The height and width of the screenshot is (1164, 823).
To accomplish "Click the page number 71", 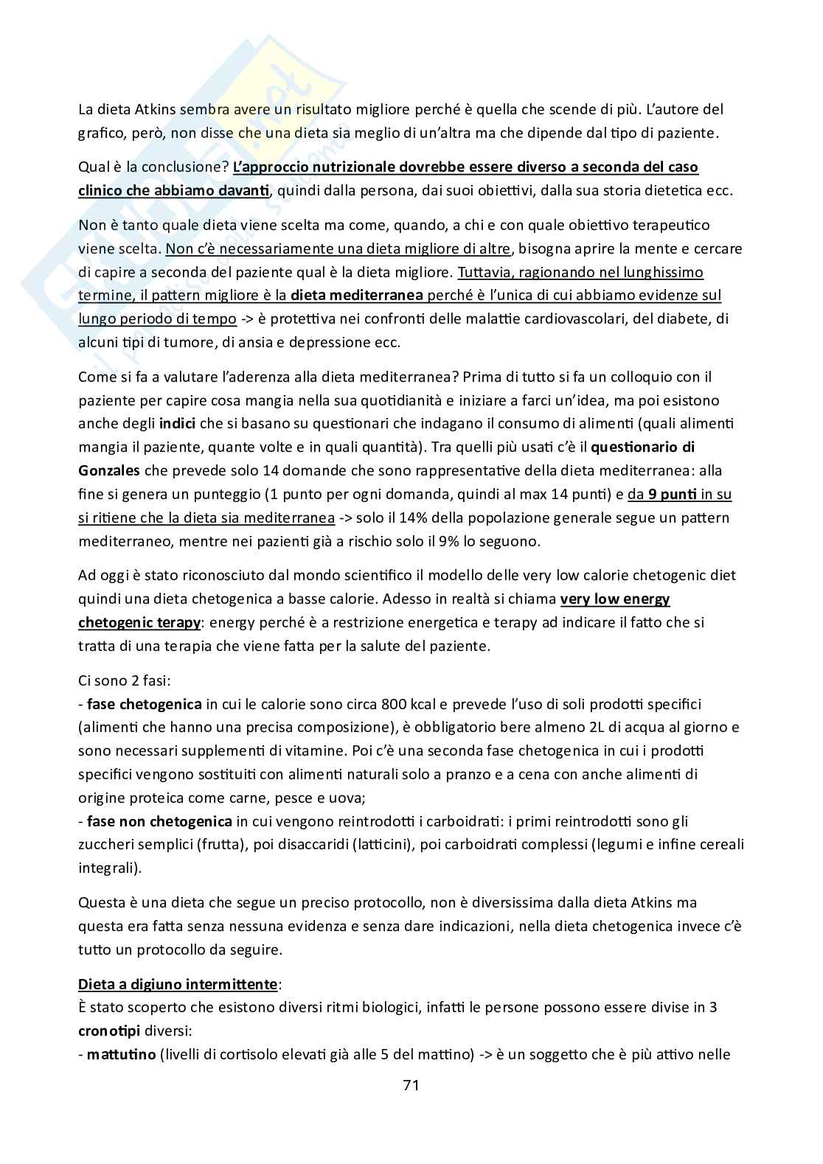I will [x=411, y=1085].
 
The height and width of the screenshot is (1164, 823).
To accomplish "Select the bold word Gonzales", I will [x=109, y=470].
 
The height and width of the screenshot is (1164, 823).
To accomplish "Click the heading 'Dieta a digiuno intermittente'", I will [x=178, y=984].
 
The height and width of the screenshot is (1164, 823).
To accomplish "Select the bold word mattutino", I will [x=117, y=1054].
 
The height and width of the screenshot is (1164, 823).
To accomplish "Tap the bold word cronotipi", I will [x=109, y=1031].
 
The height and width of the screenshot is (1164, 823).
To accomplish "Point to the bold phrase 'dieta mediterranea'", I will [x=356, y=296].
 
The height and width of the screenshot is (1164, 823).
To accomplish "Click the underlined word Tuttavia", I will [x=484, y=272].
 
